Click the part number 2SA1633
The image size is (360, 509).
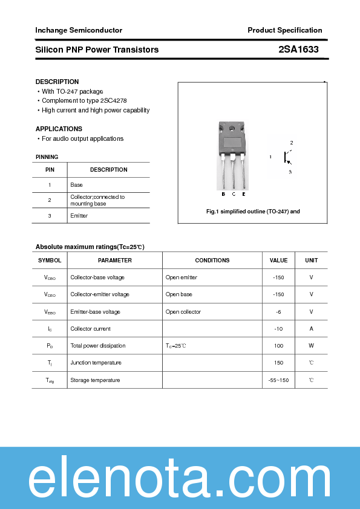tap(299, 50)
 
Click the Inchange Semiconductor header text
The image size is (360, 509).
tap(79, 30)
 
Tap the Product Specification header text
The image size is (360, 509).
tap(284, 30)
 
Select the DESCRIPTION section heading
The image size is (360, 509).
tap(57, 82)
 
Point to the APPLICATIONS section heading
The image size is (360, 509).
tap(59, 129)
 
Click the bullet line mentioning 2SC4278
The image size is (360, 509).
tap(84, 101)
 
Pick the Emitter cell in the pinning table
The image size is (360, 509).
tap(79, 216)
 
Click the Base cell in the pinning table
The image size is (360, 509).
tap(76, 185)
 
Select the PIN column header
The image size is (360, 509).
tap(50, 170)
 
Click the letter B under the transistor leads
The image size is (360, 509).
tap(223, 194)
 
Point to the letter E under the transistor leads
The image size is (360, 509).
tap(243, 194)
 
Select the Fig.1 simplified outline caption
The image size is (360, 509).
tap(253, 212)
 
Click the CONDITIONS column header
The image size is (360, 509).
tap(212, 261)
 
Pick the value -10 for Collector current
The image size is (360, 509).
tap(278, 329)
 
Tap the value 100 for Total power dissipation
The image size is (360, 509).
tap(278, 346)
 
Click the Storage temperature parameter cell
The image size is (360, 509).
tap(95, 380)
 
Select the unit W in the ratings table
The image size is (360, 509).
tap(311, 346)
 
